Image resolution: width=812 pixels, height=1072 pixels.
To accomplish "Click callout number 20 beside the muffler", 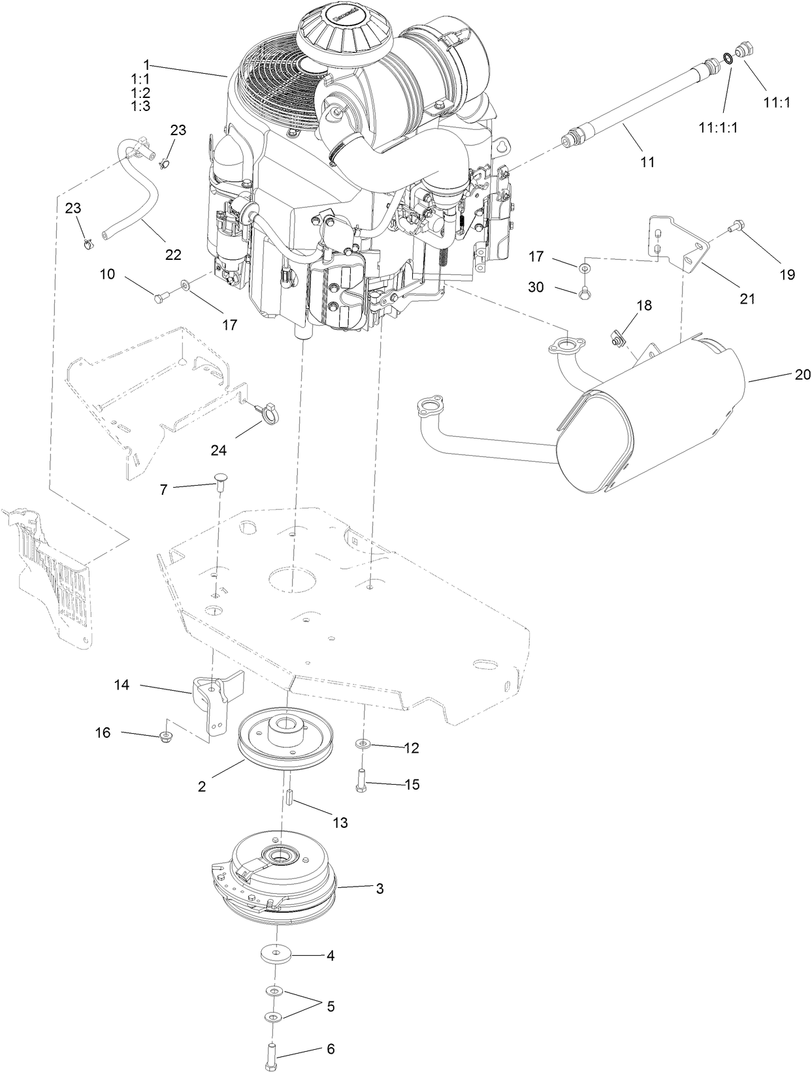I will [802, 375].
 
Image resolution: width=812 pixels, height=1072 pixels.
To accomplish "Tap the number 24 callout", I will [219, 450].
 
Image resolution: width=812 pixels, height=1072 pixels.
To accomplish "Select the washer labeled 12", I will [362, 744].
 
